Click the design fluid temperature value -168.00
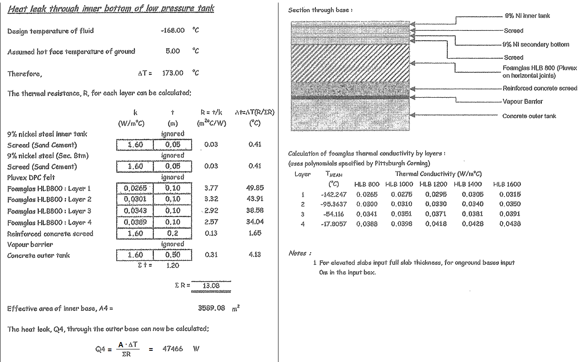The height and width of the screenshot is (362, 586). point(172,30)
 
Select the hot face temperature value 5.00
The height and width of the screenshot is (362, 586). point(173,51)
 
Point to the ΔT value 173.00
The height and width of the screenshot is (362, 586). point(173,73)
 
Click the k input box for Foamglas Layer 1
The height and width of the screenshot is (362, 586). point(135,188)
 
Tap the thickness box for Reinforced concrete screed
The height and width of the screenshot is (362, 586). point(173,234)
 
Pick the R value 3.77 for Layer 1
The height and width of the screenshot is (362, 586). point(211,188)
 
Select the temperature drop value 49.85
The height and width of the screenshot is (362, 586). point(255,188)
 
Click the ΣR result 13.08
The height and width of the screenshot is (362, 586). point(211,286)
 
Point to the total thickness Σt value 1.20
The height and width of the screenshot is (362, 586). point(173,265)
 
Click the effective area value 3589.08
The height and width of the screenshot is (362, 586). point(212,308)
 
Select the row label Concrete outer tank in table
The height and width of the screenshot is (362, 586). point(39,255)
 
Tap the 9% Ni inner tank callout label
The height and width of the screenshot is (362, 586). point(527,16)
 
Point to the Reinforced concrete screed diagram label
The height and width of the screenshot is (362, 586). point(540,89)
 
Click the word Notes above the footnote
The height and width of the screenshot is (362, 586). point(298,253)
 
